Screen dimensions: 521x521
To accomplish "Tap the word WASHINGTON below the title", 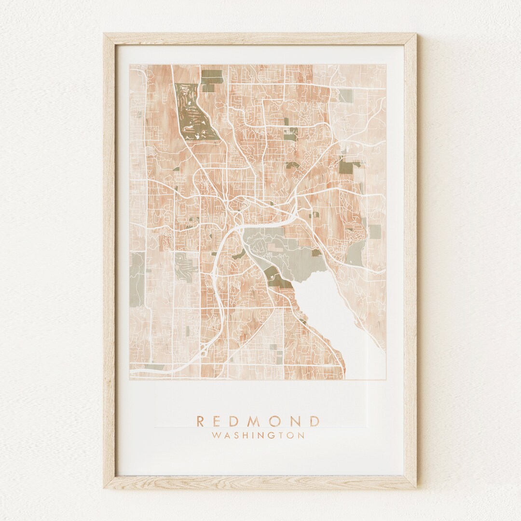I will coord(258,435).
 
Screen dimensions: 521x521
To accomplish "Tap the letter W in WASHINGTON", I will coord(215,435).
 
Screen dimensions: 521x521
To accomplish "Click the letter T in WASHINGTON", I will coord(282,435).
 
